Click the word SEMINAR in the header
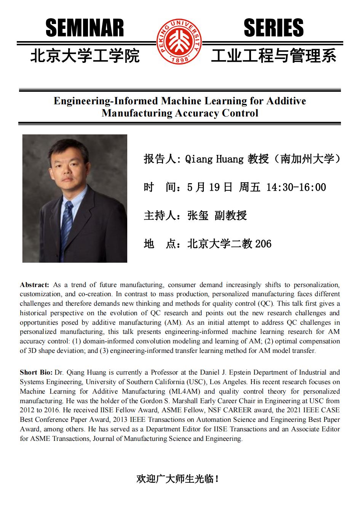pyautogui.click(x=85, y=29)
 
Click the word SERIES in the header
pyautogui.click(x=274, y=29)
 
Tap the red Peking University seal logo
pyautogui.click(x=180, y=42)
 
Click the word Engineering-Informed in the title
pyautogui.click(x=106, y=101)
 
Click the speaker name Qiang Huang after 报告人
pyautogui.click(x=214, y=159)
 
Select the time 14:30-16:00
pyautogui.click(x=296, y=187)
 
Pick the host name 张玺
pyautogui.click(x=198, y=215)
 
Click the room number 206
pyautogui.click(x=263, y=244)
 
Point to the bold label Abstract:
pyautogui.click(x=35, y=285)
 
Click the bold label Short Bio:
pyautogui.click(x=36, y=372)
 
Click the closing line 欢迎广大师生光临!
pyautogui.click(x=178, y=479)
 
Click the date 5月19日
pyautogui.click(x=210, y=187)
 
